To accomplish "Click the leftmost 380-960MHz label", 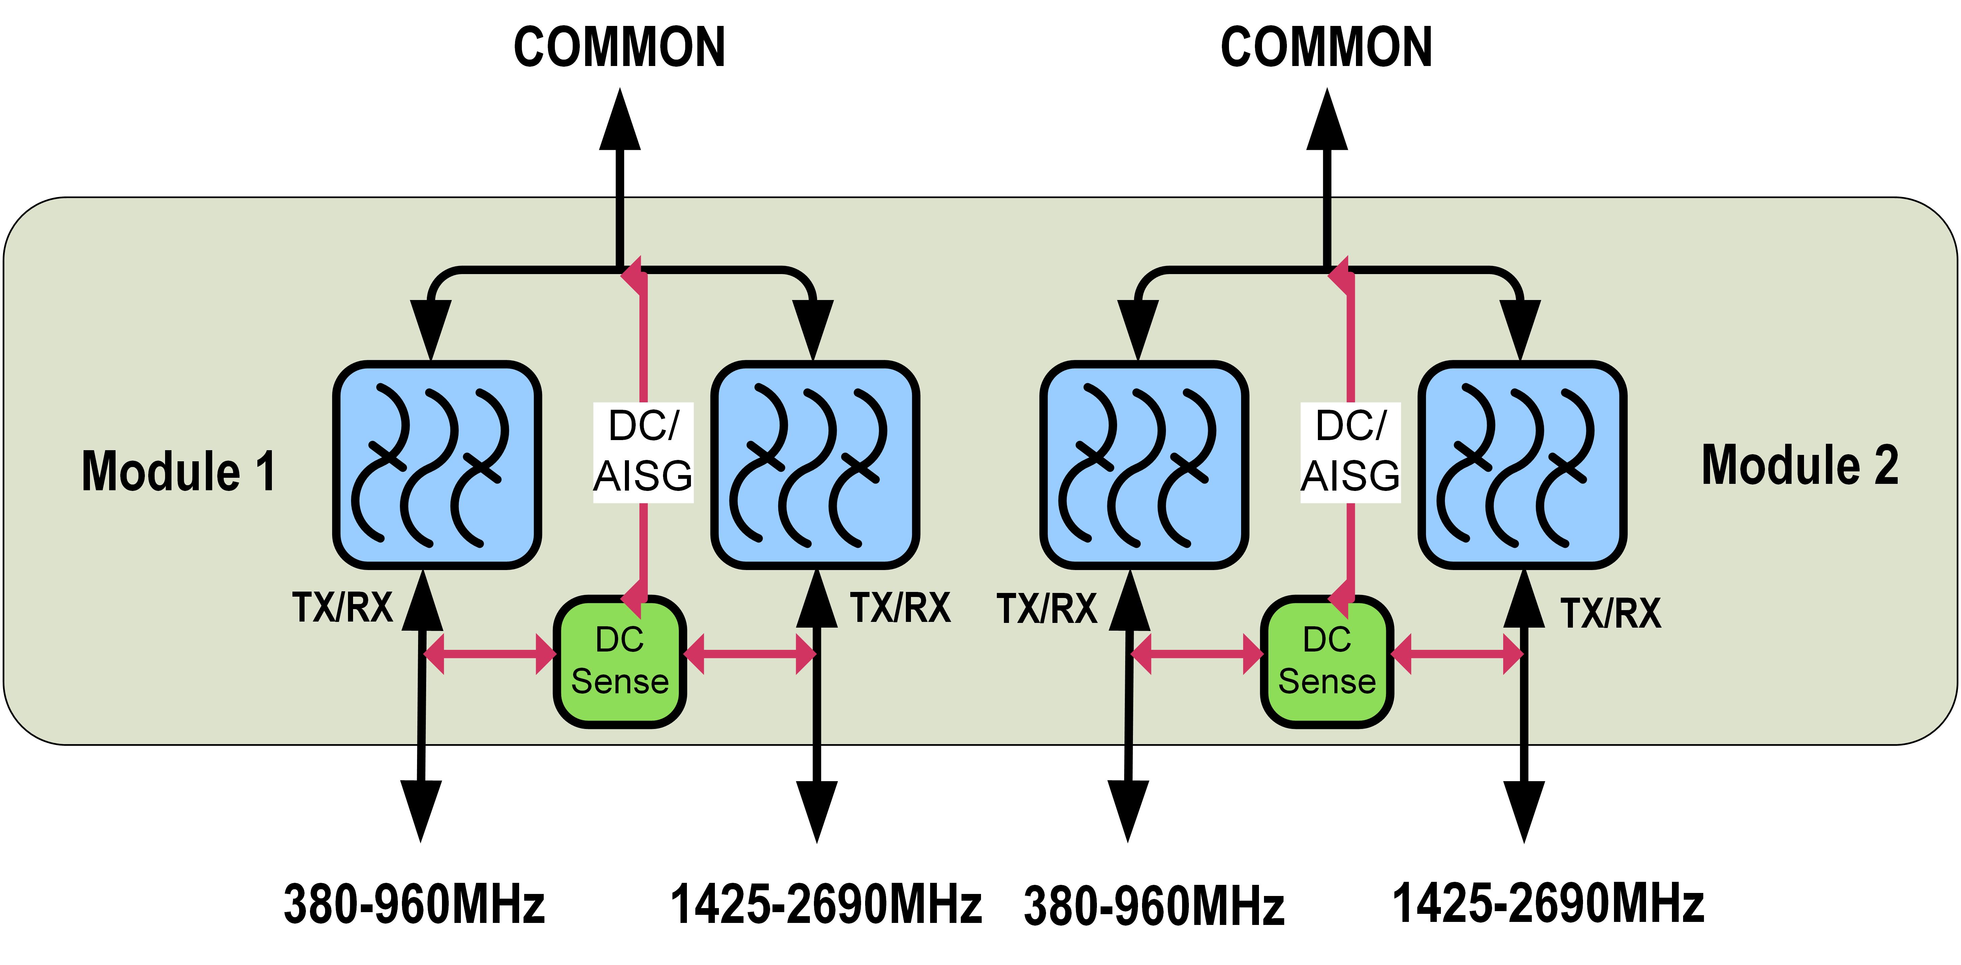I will tap(414, 904).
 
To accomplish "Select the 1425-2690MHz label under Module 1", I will tap(826, 904).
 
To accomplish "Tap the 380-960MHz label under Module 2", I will tap(1154, 906).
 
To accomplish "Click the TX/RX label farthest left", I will tap(343, 607).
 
